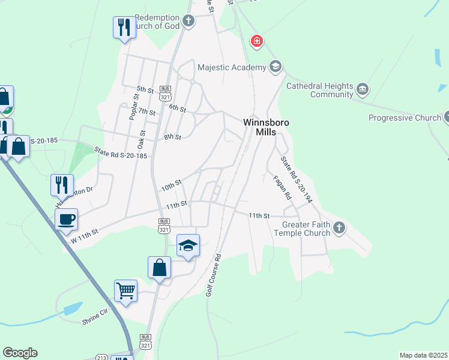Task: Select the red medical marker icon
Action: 257,41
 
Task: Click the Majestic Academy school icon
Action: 276,66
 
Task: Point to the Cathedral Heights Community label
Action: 319,90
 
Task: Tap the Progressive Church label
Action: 404,118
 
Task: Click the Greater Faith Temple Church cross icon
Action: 339,227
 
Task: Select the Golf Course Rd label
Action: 214,274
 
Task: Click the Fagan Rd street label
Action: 282,187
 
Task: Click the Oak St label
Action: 142,140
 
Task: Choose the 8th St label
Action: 172,137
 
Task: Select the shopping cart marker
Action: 126,291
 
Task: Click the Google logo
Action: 20,353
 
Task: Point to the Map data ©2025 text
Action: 423,355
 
